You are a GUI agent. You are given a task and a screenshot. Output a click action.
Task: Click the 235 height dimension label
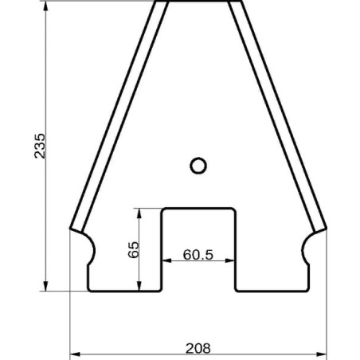[40, 146]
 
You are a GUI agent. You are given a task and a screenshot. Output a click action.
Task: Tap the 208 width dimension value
[198, 348]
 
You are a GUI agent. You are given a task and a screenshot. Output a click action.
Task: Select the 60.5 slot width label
[198, 255]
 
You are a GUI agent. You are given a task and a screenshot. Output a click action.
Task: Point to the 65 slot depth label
[133, 249]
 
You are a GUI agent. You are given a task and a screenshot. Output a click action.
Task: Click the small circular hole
[198, 166]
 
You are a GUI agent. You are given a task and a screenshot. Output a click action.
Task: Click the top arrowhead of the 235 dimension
[45, 6]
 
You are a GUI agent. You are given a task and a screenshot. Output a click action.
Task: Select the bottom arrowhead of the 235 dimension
[45, 286]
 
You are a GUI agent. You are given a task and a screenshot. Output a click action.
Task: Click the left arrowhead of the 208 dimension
[75, 354]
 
